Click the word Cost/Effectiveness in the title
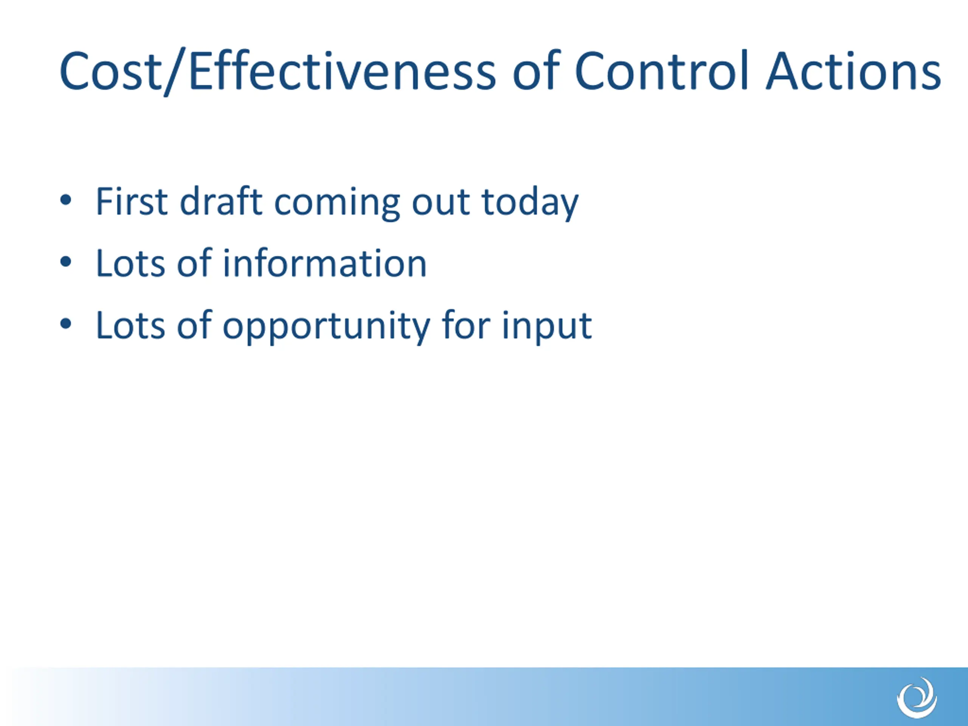pos(278,71)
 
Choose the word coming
pos(337,204)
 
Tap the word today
pos(530,204)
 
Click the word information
pos(325,263)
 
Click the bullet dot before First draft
pos(66,200)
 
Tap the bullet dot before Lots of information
pos(66,262)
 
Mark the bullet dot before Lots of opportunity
pos(66,324)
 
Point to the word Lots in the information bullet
pos(130,263)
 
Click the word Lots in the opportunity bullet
pos(130,325)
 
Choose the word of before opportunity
pos(194,324)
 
